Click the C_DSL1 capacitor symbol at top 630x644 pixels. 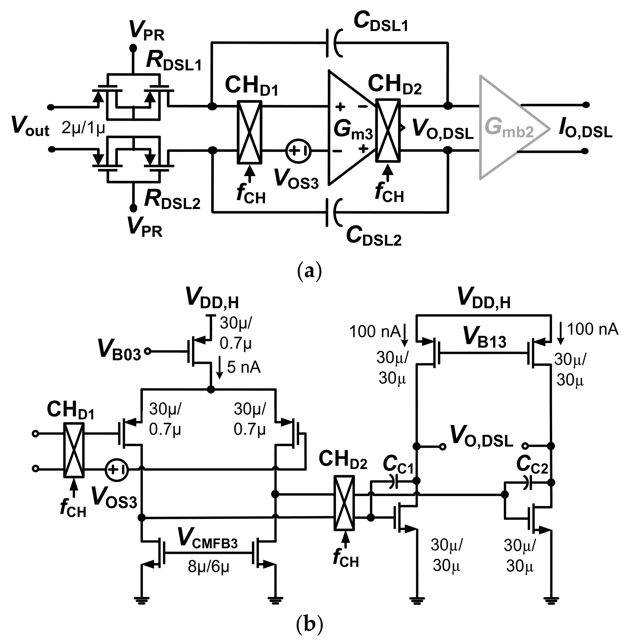[x=334, y=43]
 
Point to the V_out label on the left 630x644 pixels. [x=30, y=127]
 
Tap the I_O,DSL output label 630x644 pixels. [x=585, y=129]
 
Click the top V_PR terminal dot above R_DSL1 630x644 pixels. [x=133, y=48]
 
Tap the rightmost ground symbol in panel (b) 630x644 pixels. [x=551, y=599]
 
